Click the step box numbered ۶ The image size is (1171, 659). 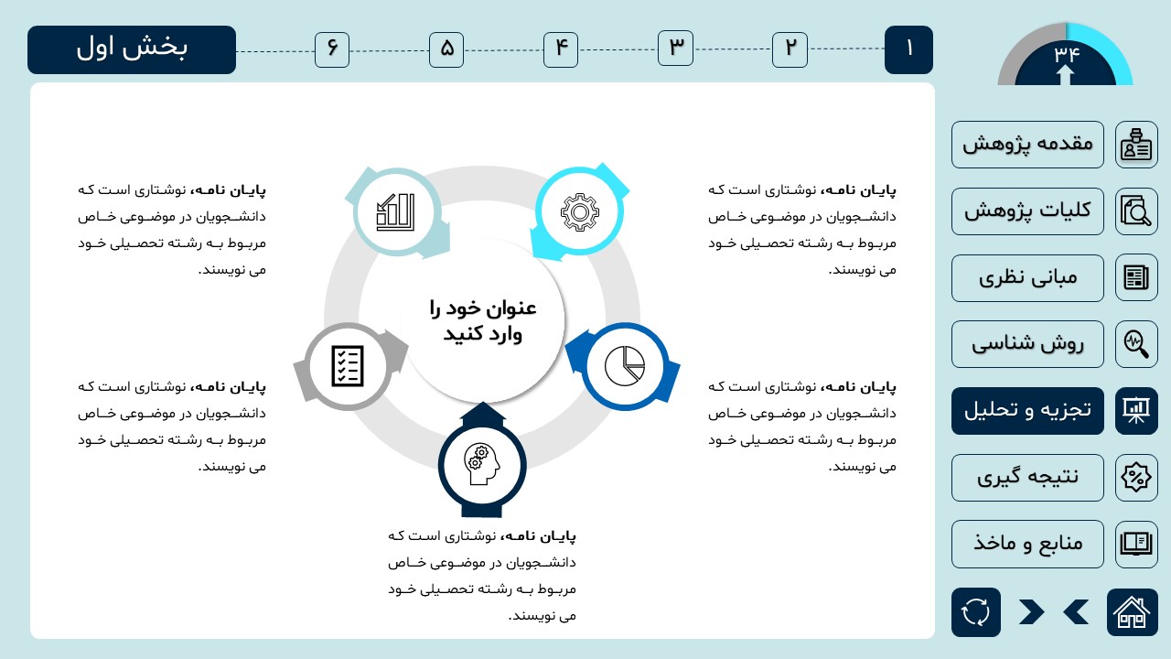[332, 49]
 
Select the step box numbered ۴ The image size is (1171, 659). [561, 49]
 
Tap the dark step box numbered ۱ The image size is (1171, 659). [908, 49]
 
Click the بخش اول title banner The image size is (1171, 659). [132, 49]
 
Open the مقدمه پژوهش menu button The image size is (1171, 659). [1027, 145]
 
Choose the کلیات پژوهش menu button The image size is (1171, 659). [1027, 211]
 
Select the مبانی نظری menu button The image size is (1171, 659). [1027, 278]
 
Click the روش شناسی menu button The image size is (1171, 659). [1027, 344]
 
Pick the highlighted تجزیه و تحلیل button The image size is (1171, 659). [1027, 411]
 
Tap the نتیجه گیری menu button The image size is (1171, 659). [1027, 478]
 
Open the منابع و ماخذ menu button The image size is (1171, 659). [1027, 544]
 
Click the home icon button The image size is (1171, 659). [1133, 612]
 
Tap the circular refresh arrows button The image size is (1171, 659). [976, 612]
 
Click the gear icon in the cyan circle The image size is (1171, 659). [580, 211]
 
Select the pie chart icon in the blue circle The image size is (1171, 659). [625, 366]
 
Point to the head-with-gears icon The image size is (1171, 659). [481, 464]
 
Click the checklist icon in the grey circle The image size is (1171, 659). [348, 366]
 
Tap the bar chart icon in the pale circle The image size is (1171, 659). [396, 211]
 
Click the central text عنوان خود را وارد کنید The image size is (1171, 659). [483, 320]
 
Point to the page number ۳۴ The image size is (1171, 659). [1067, 53]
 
